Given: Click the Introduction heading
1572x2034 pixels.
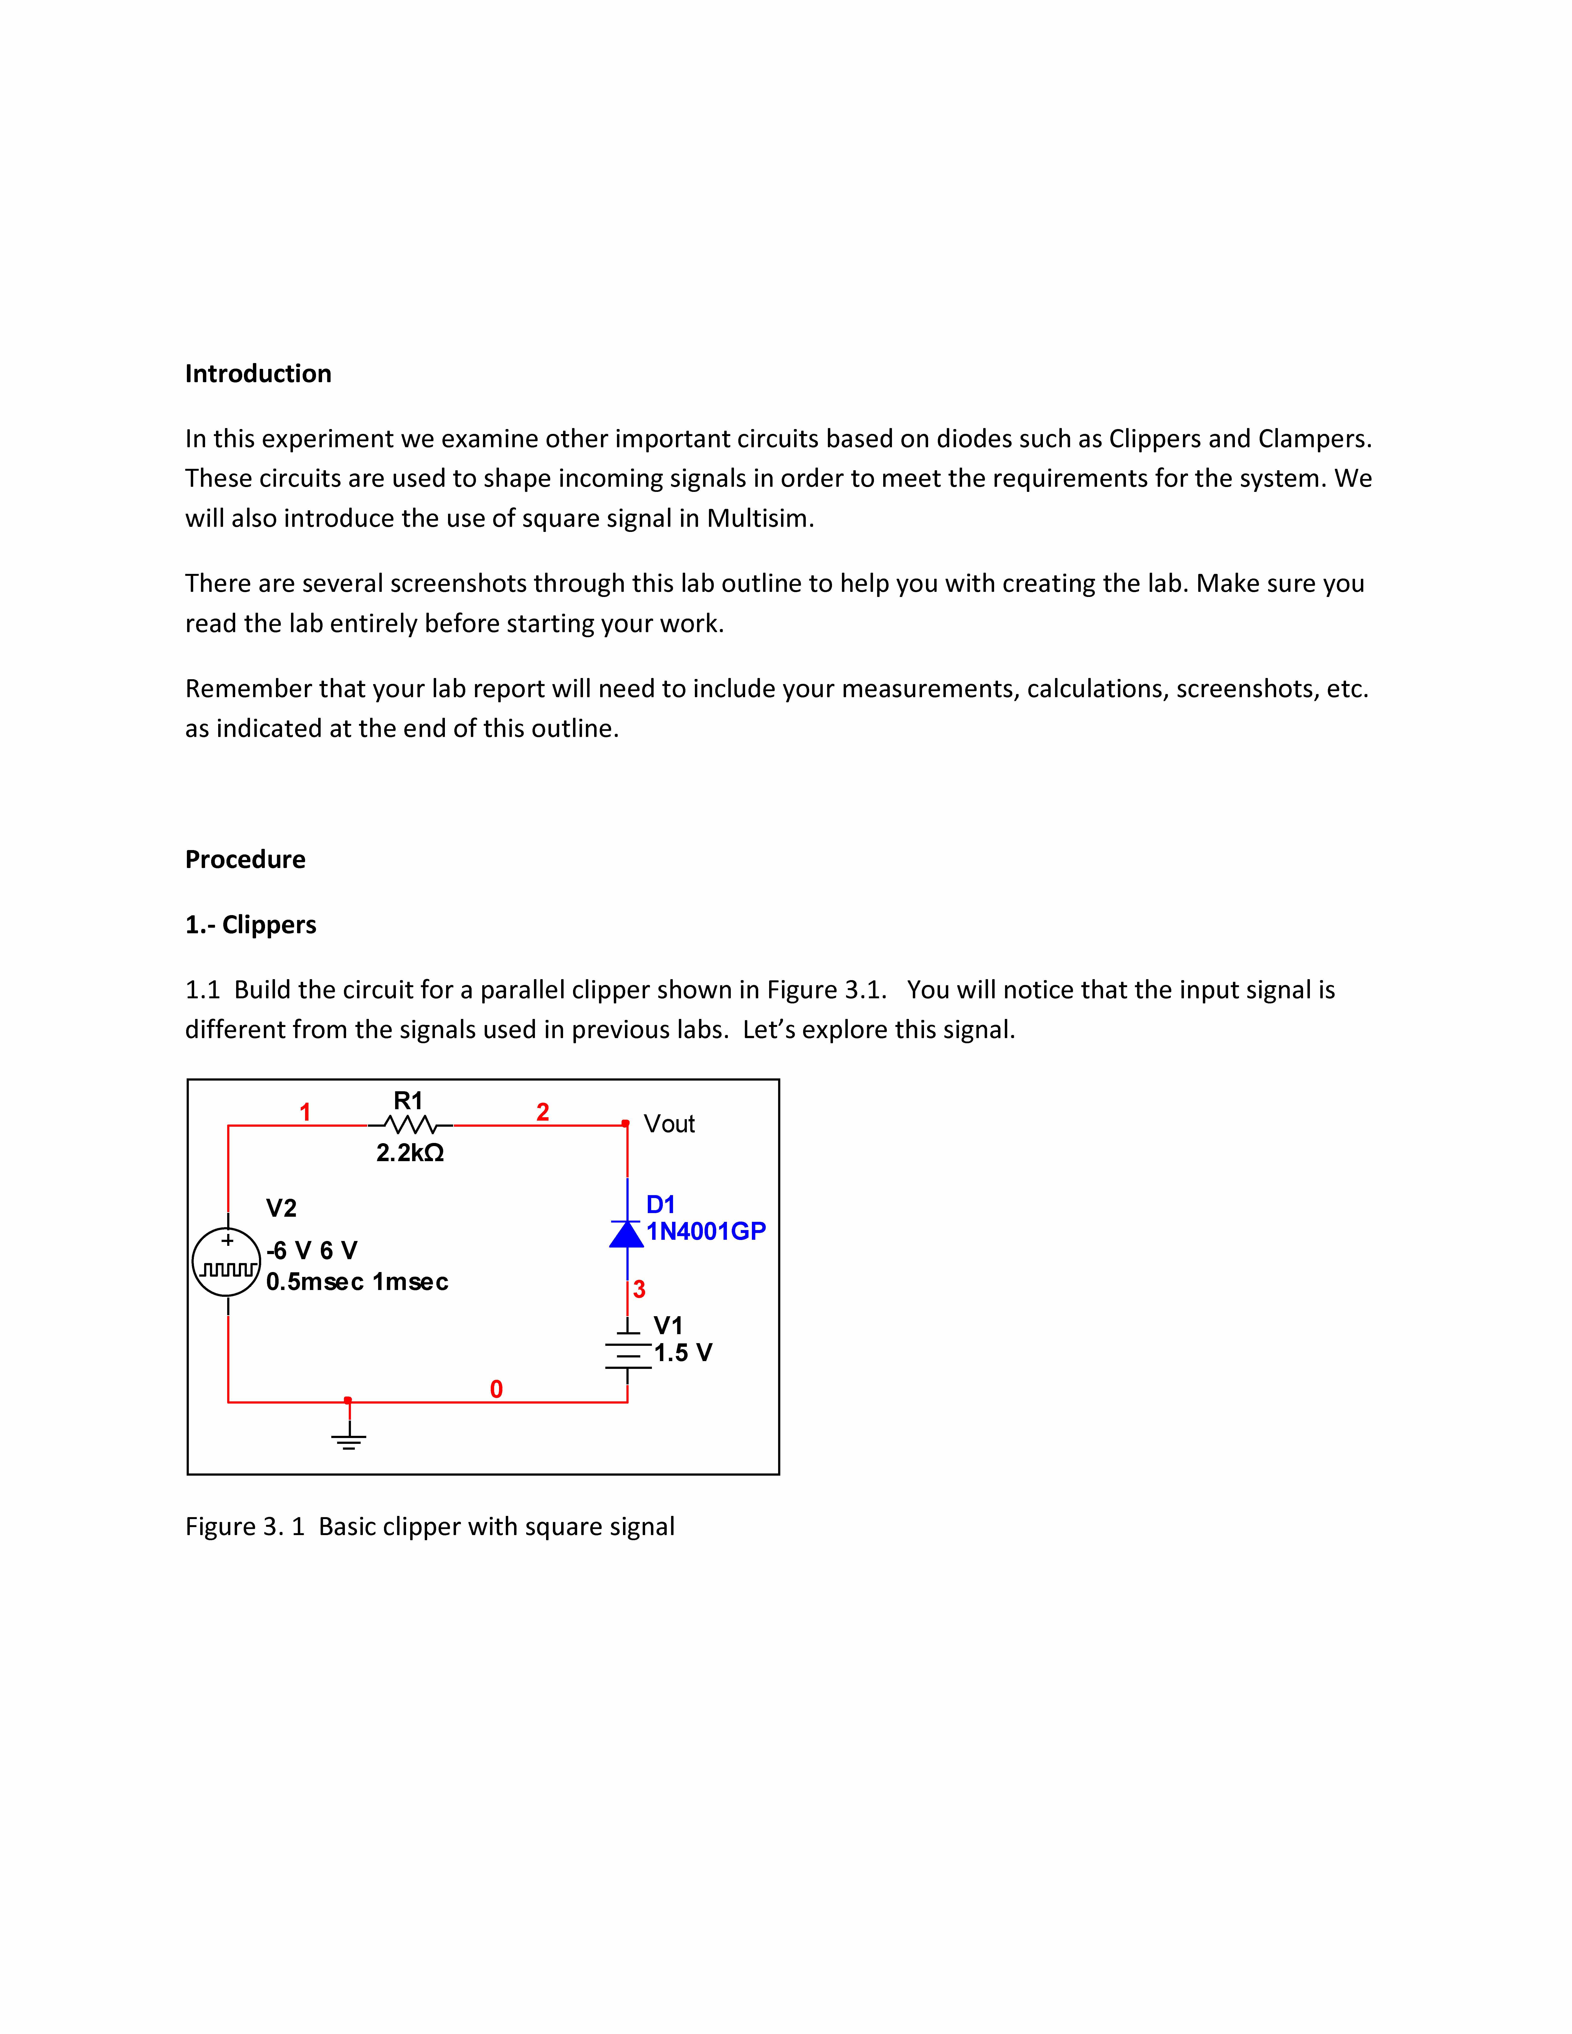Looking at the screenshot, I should pyautogui.click(x=258, y=373).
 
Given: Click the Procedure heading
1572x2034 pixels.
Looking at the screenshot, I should pyautogui.click(x=245, y=859).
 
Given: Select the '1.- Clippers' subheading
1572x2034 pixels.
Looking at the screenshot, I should pyautogui.click(x=250, y=925).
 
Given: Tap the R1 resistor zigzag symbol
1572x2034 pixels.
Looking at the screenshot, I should pyautogui.click(x=410, y=1125).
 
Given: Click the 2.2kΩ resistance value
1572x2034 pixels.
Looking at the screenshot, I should pyautogui.click(x=410, y=1153).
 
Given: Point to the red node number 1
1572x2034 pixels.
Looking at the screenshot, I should pyautogui.click(x=305, y=1112).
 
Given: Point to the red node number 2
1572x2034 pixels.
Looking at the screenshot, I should pyautogui.click(x=543, y=1112).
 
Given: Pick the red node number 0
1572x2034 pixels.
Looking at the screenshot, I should pyautogui.click(x=496, y=1389).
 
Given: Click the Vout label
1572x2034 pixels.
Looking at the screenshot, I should pyautogui.click(x=669, y=1124).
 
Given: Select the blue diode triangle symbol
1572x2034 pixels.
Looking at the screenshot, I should pyautogui.click(x=627, y=1234).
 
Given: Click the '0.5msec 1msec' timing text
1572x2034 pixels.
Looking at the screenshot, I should pyautogui.click(x=357, y=1282).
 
